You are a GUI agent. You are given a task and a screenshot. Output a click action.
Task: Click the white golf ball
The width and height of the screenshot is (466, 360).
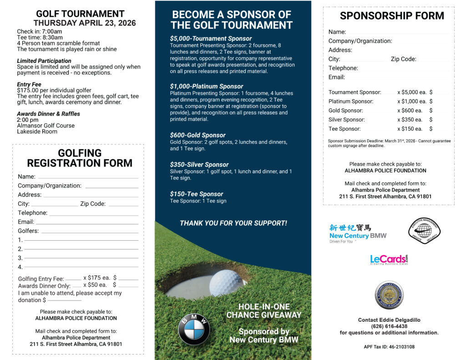[228, 283]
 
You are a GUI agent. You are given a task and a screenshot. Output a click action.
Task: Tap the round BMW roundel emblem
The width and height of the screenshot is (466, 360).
[194, 329]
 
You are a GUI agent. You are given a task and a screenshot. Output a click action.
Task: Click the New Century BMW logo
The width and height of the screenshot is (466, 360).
[358, 233]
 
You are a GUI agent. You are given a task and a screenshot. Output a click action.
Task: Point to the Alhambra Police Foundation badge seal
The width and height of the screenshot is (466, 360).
[389, 295]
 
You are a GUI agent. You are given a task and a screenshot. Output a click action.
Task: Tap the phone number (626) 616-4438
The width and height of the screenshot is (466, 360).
[389, 326]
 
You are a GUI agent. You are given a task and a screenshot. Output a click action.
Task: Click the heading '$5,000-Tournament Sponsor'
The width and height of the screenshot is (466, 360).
[211, 39]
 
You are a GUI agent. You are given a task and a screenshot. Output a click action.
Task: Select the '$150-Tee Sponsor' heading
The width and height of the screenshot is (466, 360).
[197, 194]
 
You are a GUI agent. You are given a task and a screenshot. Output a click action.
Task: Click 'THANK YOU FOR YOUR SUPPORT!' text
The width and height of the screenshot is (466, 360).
[233, 223]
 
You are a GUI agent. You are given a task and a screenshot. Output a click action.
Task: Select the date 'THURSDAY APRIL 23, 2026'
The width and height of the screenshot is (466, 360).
[85, 23]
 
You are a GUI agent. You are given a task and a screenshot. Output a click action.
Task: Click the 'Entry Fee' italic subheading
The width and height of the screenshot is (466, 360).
[29, 85]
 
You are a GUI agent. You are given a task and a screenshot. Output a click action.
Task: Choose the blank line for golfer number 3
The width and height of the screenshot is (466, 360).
[81, 258]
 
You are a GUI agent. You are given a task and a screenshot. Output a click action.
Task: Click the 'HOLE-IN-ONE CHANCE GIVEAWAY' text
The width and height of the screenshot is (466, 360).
[264, 311]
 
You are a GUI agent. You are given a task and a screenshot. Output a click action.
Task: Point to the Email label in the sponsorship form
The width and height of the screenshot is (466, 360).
[337, 77]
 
